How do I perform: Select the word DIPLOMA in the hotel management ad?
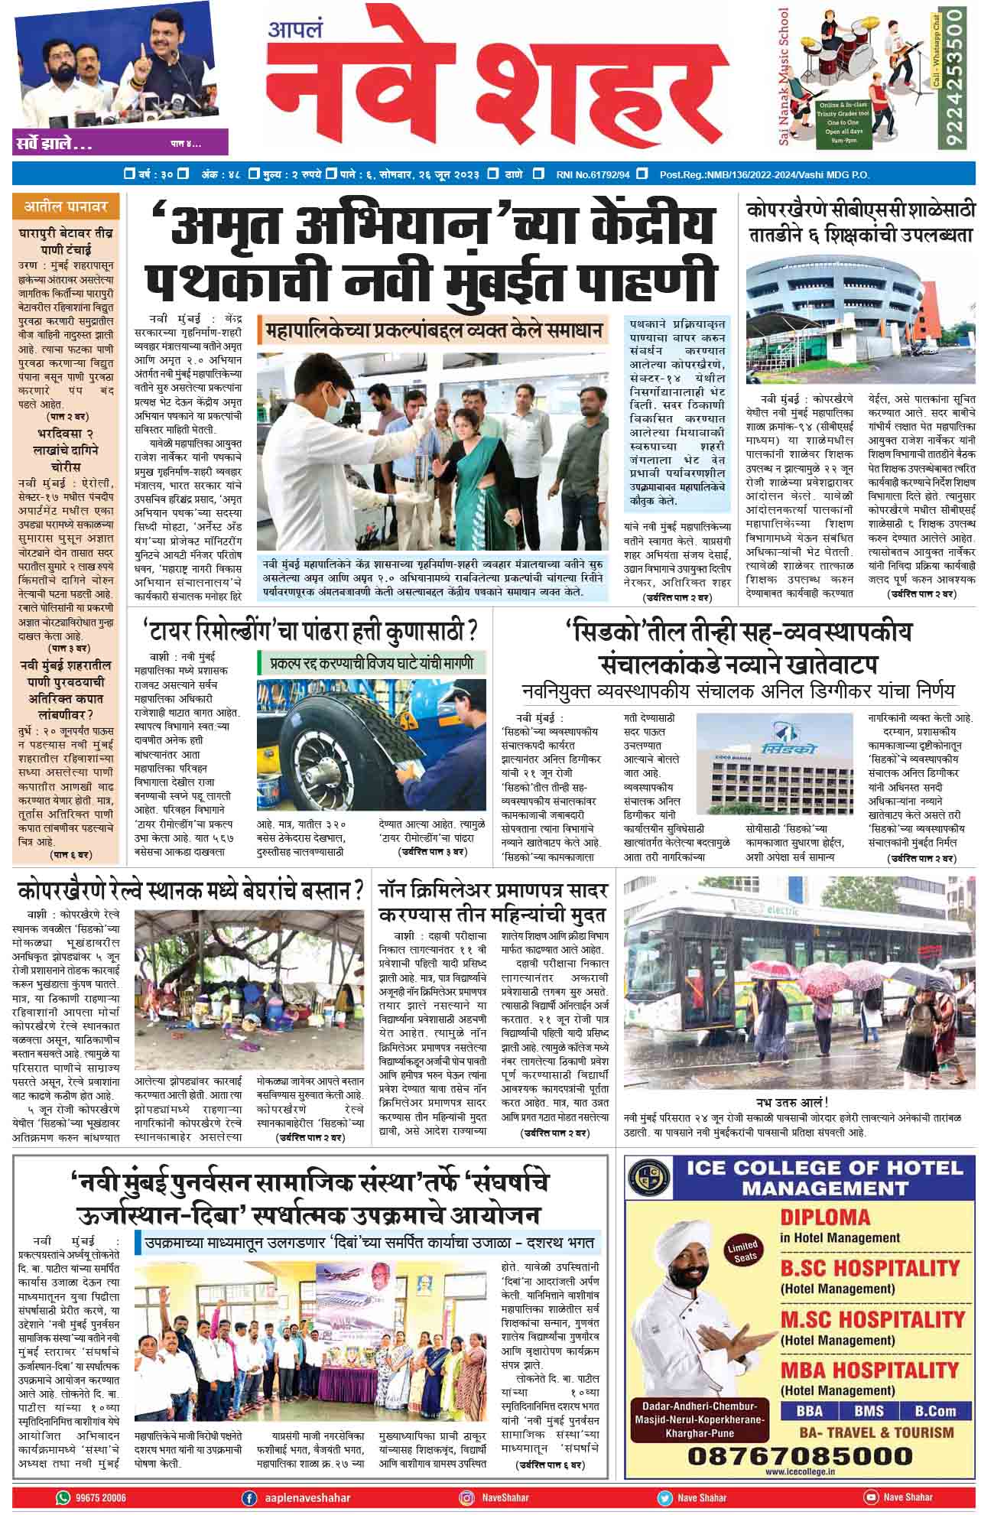tap(825, 1217)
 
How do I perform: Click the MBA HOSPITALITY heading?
tap(869, 1369)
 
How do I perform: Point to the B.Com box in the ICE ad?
tap(935, 1411)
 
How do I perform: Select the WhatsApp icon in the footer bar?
tap(63, 1497)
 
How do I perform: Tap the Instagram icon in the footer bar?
tap(466, 1497)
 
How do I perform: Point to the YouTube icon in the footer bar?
tap(870, 1497)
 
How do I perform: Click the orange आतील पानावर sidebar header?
tap(66, 206)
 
